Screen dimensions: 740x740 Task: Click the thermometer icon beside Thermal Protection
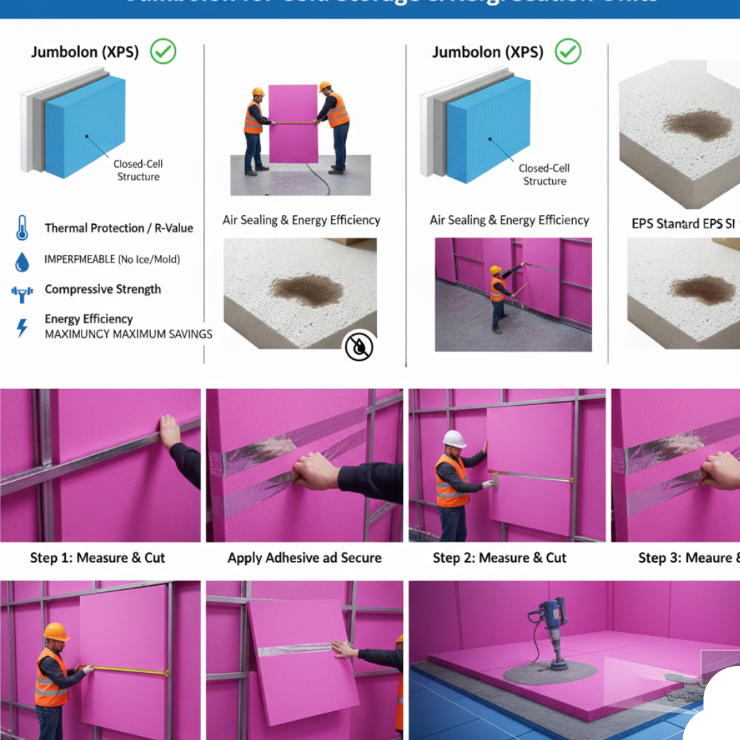pyautogui.click(x=22, y=227)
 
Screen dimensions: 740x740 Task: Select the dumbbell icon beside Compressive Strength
pyautogui.click(x=22, y=294)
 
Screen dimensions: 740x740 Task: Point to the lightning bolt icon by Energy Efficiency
pyautogui.click(x=22, y=328)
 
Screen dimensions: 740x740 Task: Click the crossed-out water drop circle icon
pyautogui.click(x=358, y=347)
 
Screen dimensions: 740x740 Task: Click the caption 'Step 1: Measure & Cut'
pyautogui.click(x=97, y=558)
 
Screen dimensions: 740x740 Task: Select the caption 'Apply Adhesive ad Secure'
pyautogui.click(x=304, y=558)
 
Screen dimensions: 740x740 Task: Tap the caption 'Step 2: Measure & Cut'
pyautogui.click(x=500, y=558)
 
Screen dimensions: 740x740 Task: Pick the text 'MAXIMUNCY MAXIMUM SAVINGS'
pyautogui.click(x=128, y=334)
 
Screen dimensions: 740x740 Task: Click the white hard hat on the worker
pyautogui.click(x=454, y=439)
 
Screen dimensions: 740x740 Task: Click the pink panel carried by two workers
pyautogui.click(x=293, y=123)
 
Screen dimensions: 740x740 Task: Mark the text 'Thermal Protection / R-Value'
pyautogui.click(x=119, y=228)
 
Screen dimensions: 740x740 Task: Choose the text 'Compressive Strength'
pyautogui.click(x=103, y=289)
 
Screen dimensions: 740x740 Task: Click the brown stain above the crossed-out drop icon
pyautogui.click(x=306, y=290)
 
